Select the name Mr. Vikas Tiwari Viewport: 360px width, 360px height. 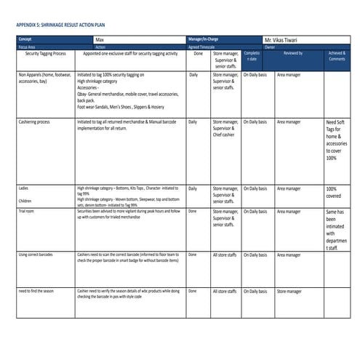(286, 39)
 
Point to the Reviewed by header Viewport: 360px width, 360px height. (293, 54)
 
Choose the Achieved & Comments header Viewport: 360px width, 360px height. (337, 56)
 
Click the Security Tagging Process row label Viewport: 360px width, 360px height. (46, 54)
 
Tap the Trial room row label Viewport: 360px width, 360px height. (28, 210)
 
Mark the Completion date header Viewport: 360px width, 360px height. (252, 56)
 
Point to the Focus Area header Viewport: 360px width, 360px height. (27, 47)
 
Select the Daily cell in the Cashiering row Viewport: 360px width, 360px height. (193, 121)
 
